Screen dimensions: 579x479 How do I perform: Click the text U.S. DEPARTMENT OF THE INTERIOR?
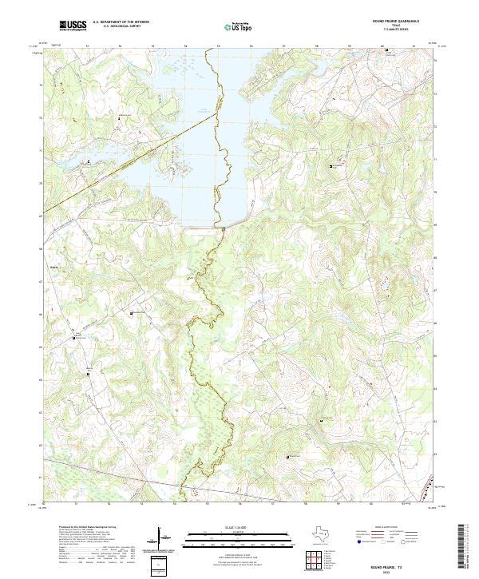coord(121,23)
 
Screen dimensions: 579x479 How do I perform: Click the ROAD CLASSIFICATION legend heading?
coord(386,528)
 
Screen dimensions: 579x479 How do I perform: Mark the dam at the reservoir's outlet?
coord(224,228)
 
